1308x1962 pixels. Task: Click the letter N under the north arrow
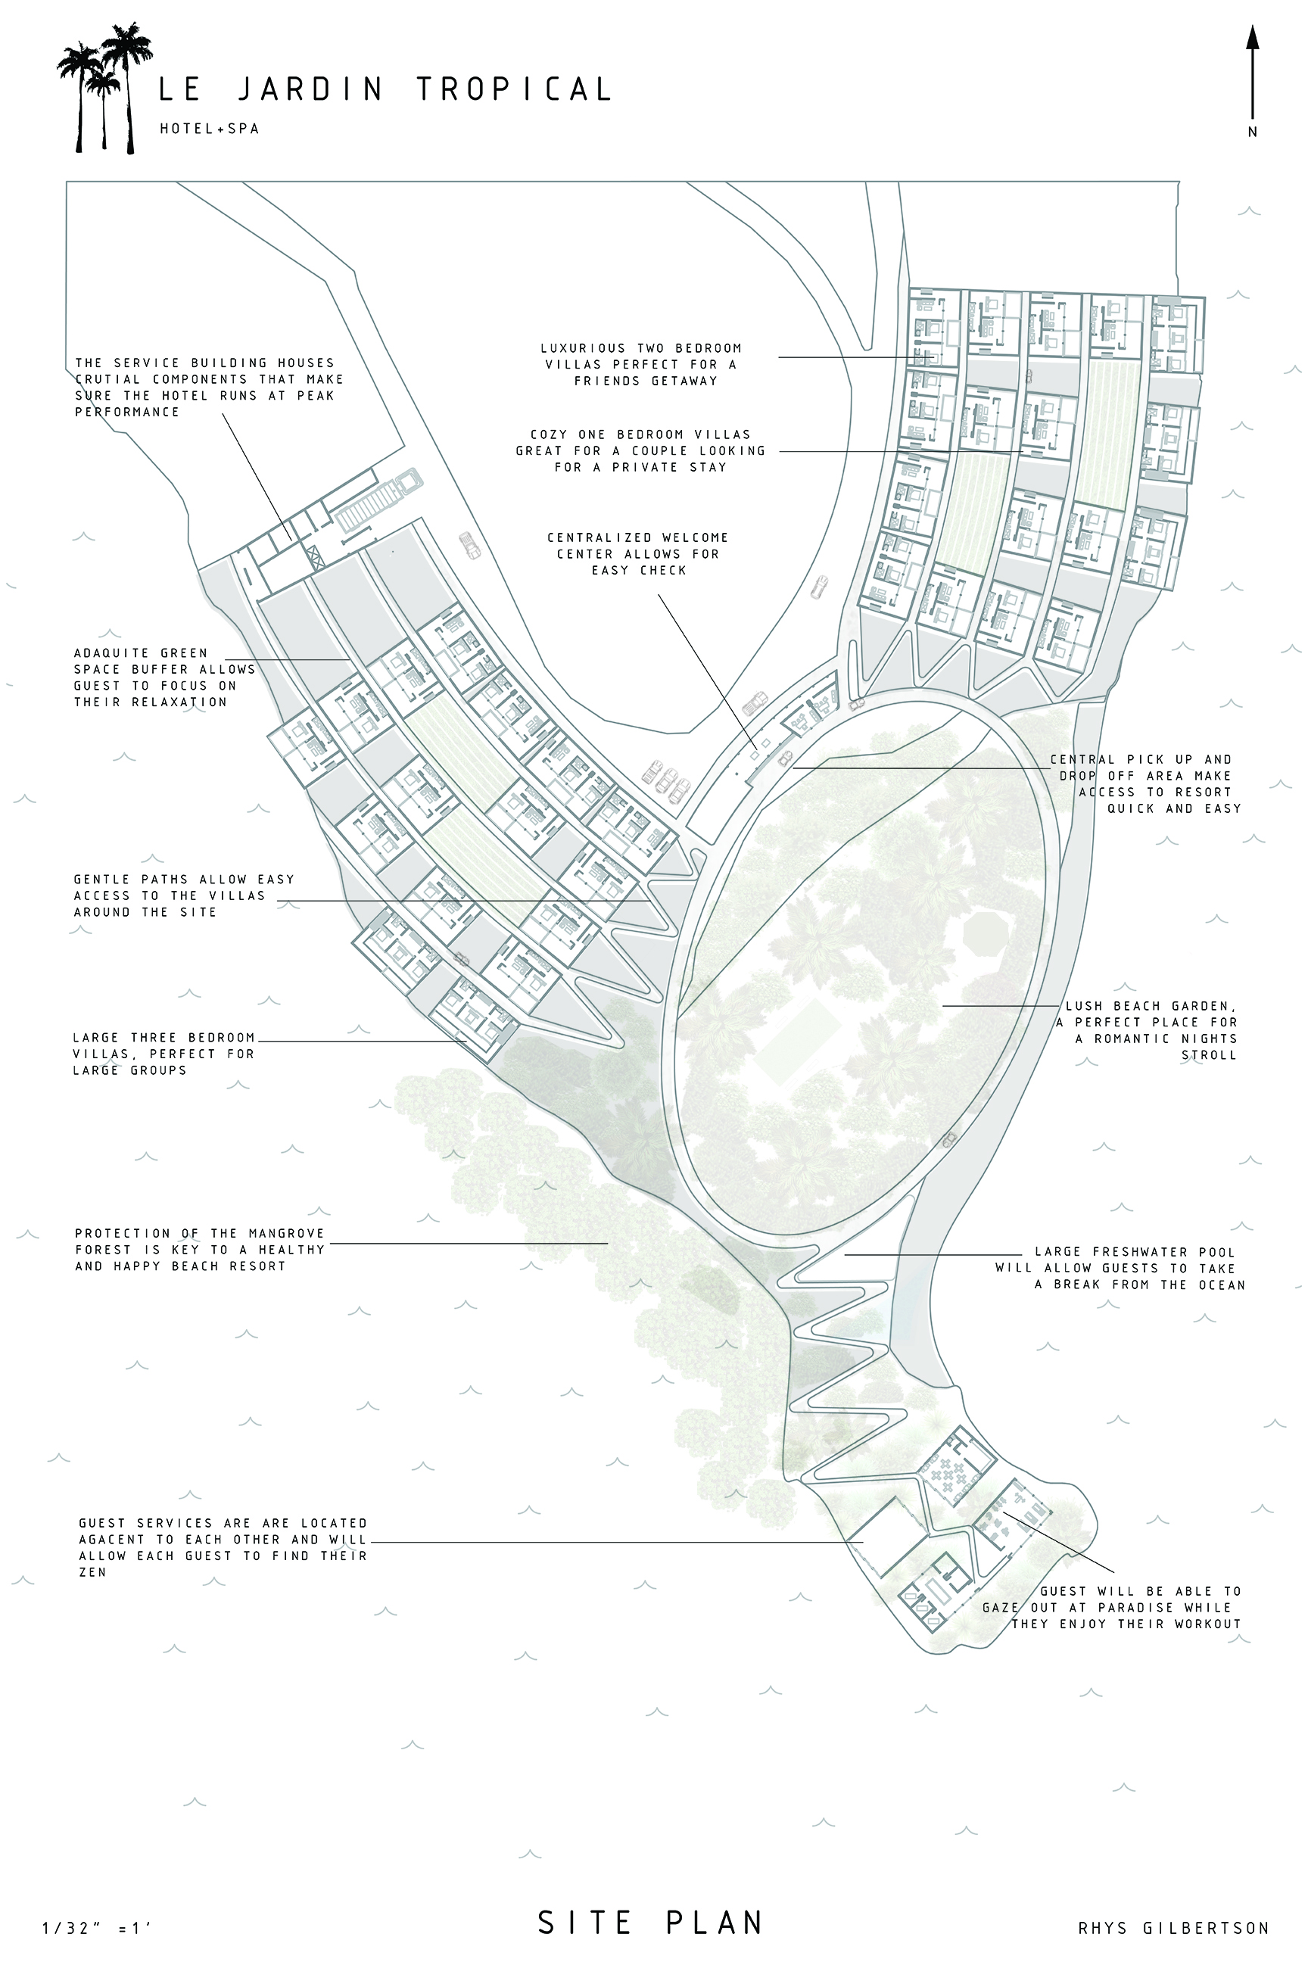[x=1252, y=132]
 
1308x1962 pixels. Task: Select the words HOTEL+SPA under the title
[x=210, y=129]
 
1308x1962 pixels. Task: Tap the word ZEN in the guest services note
[x=92, y=1571]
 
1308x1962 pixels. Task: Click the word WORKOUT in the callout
[x=1208, y=1624]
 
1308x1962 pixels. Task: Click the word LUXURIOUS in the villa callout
[x=582, y=348]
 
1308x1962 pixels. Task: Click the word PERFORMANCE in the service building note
[x=127, y=412]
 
